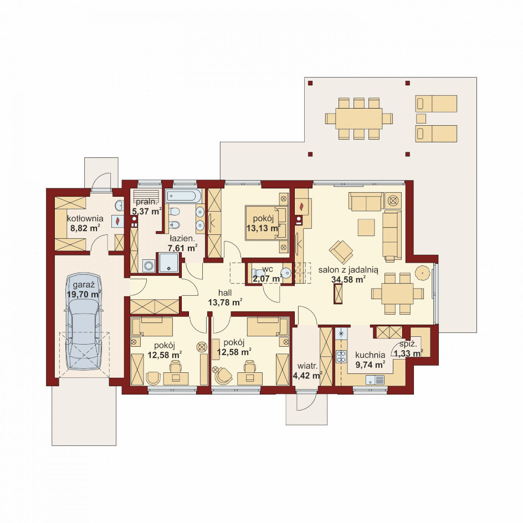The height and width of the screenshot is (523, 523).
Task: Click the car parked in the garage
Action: [x=84, y=321]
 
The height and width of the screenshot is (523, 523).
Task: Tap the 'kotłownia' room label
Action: [x=85, y=219]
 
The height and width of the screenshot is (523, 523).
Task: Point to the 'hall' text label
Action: [x=225, y=293]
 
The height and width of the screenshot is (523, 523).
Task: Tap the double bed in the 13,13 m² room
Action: [x=266, y=223]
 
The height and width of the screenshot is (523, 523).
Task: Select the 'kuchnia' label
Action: [x=370, y=355]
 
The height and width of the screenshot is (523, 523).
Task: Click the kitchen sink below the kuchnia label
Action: [x=375, y=380]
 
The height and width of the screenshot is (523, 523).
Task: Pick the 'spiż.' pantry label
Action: [x=408, y=345]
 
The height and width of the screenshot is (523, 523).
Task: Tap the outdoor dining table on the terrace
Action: [x=358, y=119]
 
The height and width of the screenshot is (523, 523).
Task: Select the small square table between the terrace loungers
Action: [x=421, y=119]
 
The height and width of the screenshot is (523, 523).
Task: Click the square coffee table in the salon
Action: [x=366, y=227]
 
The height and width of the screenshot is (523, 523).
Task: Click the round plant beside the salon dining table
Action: [x=423, y=273]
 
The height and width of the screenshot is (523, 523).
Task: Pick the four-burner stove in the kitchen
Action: [x=341, y=356]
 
